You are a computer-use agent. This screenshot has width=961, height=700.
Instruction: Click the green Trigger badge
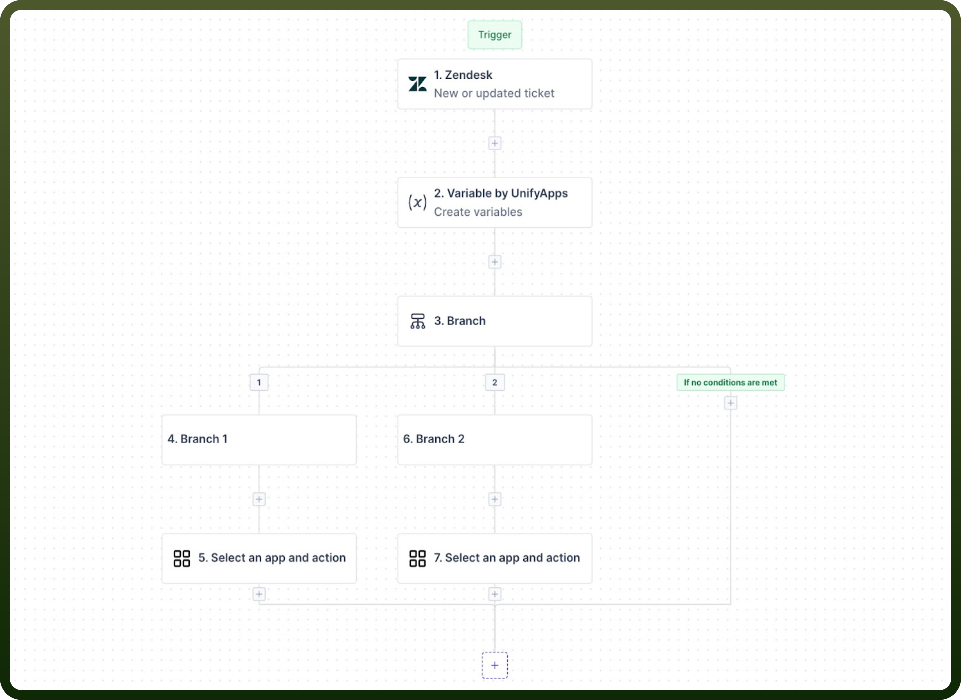coord(494,35)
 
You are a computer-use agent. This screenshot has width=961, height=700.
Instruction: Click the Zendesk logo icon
coord(417,84)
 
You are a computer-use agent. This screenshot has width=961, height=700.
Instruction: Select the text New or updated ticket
coord(494,93)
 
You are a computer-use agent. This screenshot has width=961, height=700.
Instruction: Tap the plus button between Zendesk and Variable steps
coord(494,143)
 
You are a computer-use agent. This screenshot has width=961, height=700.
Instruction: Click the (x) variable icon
coord(417,202)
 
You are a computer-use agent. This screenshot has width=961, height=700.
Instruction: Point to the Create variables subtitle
coord(478,212)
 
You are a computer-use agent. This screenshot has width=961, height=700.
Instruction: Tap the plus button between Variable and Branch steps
coord(494,262)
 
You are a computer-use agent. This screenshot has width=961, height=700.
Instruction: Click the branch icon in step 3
coord(417,321)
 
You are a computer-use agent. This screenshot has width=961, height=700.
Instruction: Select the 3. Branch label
coord(460,321)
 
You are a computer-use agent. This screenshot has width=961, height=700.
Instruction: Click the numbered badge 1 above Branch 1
coord(259,382)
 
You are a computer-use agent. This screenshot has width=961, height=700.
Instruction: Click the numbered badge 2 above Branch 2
coord(494,382)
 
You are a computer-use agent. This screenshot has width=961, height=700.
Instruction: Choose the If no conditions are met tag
coord(730,382)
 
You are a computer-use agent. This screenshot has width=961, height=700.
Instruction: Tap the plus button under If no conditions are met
coord(730,403)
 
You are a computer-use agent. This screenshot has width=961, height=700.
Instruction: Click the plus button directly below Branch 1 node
coord(259,499)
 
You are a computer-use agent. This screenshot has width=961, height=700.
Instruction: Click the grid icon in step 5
coord(181,558)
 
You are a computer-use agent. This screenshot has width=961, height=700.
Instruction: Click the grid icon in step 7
coord(417,558)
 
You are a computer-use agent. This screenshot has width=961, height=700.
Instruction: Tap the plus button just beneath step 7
coord(494,594)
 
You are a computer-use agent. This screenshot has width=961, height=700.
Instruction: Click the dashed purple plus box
coord(494,665)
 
